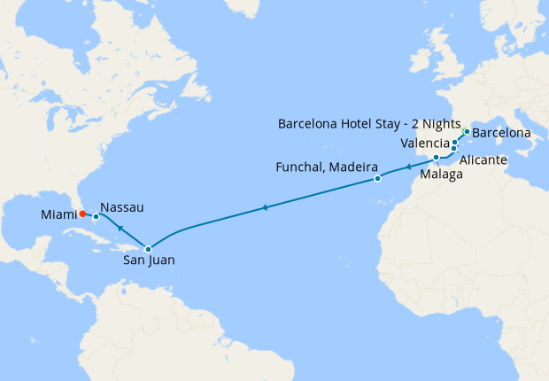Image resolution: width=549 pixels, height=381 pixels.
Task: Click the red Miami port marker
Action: tap(81, 213)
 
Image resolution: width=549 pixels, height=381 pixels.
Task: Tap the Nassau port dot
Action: tap(96, 216)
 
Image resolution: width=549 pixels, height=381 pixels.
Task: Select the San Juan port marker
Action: tap(148, 249)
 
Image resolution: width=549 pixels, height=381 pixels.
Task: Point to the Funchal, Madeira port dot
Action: tap(377, 179)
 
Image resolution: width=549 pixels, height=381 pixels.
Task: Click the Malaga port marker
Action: tap(437, 158)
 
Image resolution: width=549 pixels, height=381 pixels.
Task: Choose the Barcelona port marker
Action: tap(466, 132)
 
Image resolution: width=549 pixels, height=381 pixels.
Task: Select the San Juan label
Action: tap(148, 262)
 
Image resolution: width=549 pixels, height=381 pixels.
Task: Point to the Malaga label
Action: tap(440, 175)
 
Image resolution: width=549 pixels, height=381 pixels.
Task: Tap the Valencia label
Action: tap(424, 143)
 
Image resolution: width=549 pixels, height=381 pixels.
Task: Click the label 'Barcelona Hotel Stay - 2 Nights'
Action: tap(368, 123)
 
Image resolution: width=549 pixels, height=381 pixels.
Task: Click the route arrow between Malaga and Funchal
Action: tap(407, 167)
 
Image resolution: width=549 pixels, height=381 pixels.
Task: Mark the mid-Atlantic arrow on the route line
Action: tap(264, 208)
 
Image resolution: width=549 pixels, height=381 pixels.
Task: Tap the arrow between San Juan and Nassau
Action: tap(120, 229)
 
